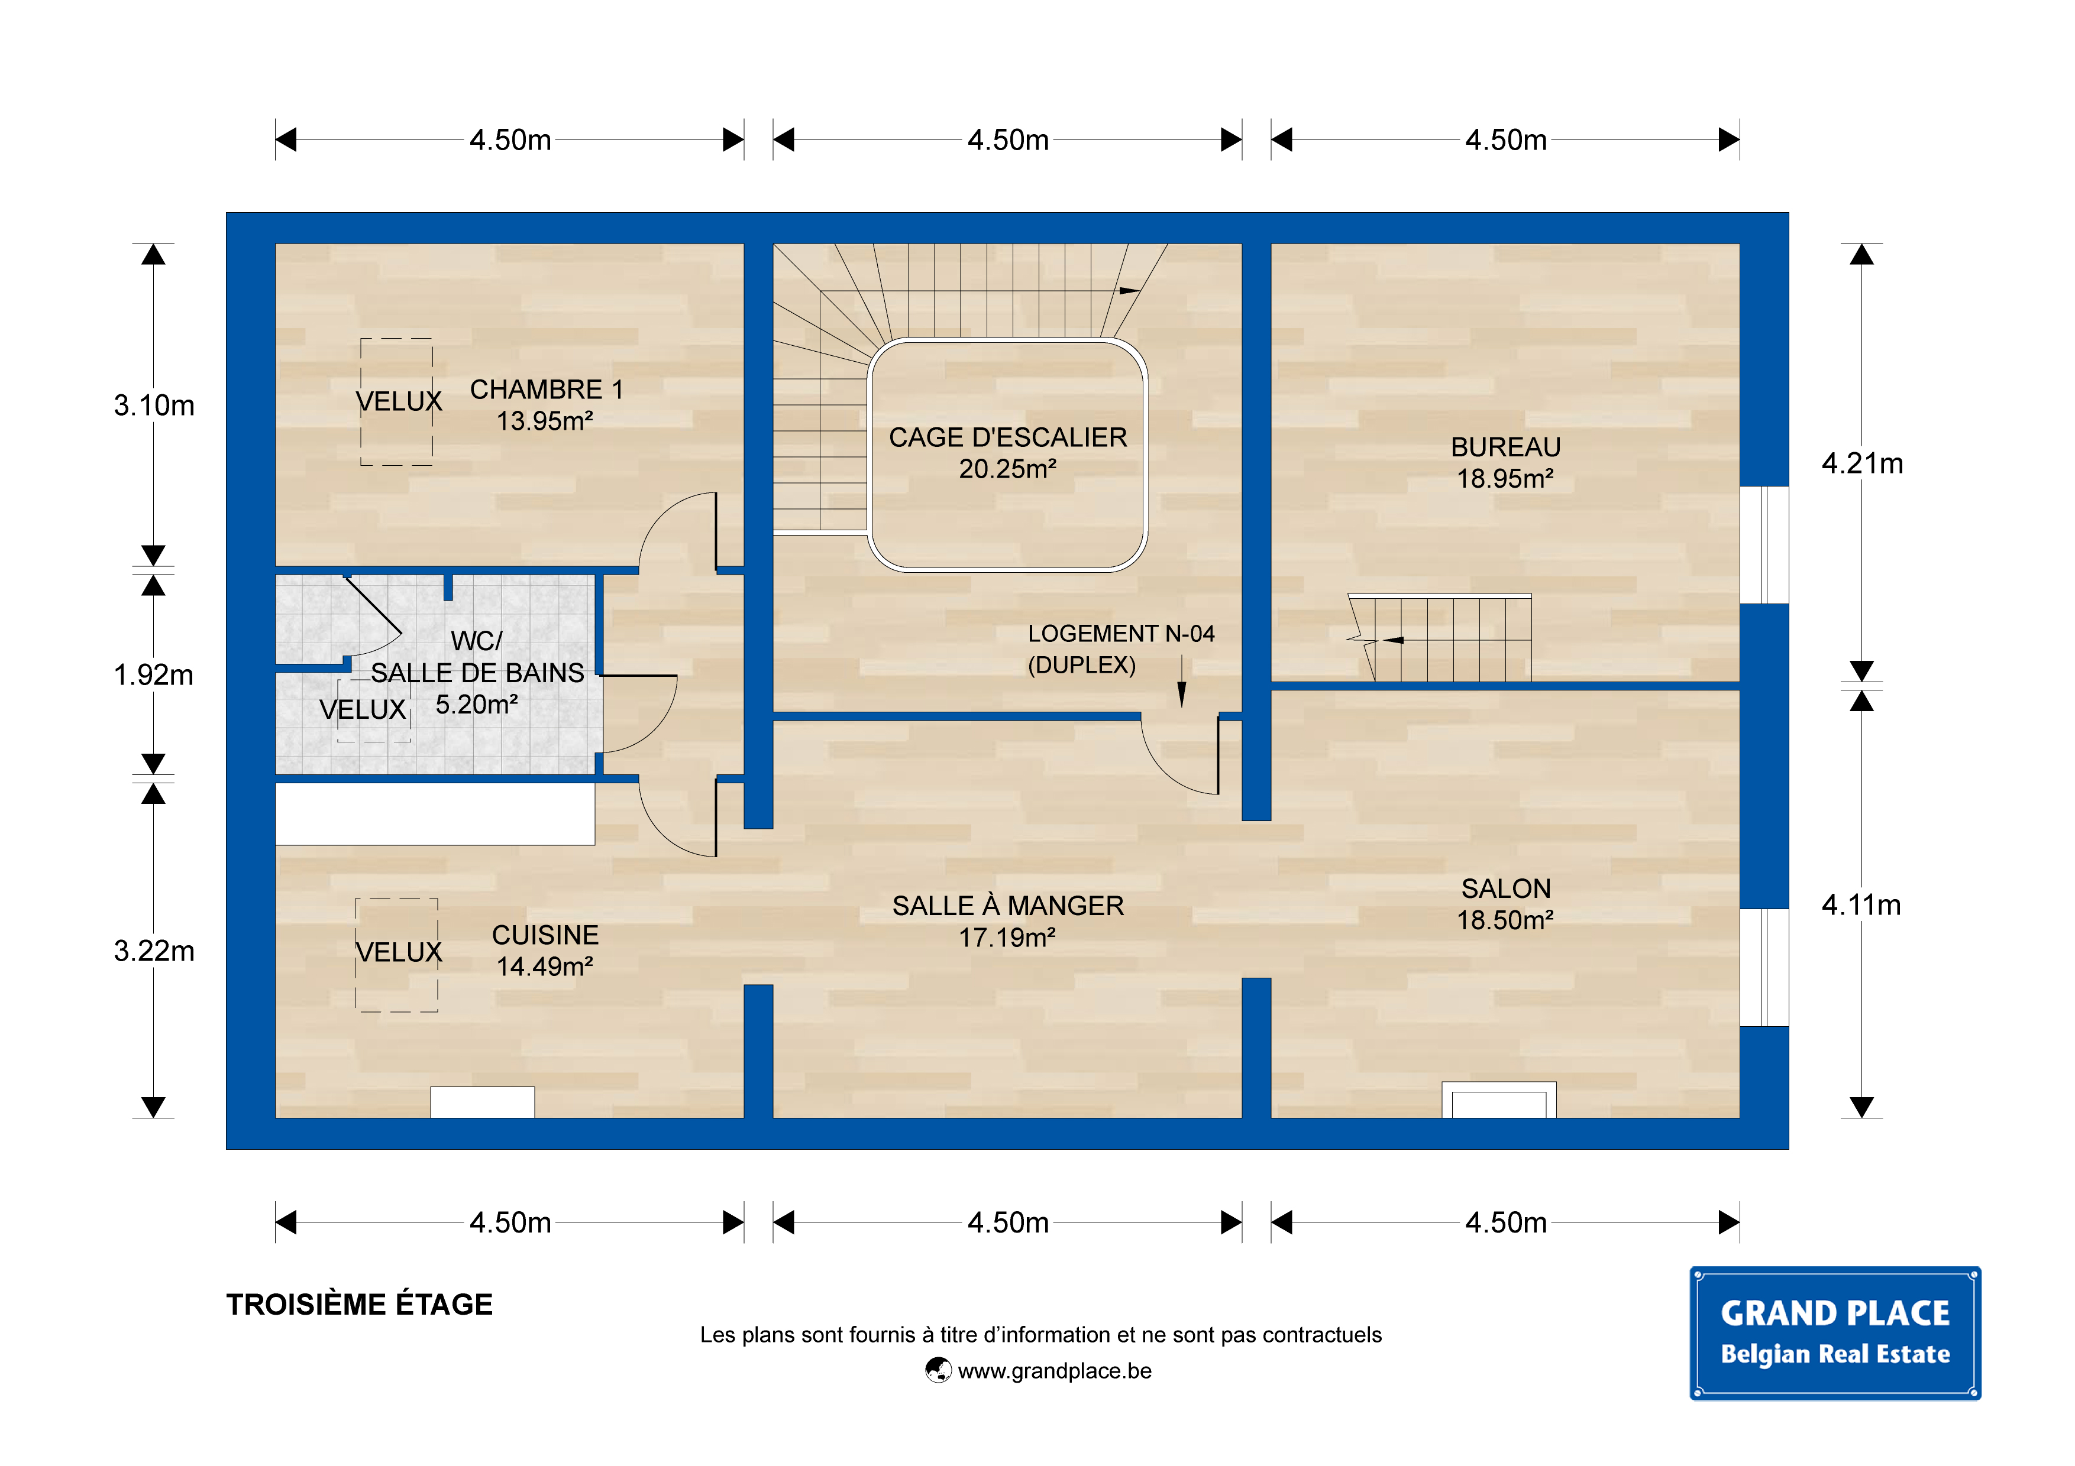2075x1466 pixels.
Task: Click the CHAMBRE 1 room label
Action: tap(546, 390)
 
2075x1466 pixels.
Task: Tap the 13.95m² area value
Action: tap(545, 421)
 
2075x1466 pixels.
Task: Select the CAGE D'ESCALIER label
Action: tap(1008, 437)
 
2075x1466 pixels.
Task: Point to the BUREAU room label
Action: tap(1505, 447)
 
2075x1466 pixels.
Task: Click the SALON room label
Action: tap(1505, 889)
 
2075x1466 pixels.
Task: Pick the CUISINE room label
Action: tap(545, 935)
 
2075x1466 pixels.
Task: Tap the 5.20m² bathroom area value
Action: tap(476, 705)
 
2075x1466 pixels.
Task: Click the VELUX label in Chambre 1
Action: tap(399, 401)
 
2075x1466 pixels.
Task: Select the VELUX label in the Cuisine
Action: tap(399, 952)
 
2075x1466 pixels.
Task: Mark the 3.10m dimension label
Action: tap(154, 406)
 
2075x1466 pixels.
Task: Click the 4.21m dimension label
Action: tap(1861, 463)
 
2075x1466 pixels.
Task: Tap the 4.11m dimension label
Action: tap(1861, 905)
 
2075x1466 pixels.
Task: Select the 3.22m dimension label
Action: tap(154, 951)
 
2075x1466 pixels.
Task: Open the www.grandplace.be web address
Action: tap(1055, 1371)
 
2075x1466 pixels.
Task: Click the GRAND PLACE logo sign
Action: tap(1835, 1333)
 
